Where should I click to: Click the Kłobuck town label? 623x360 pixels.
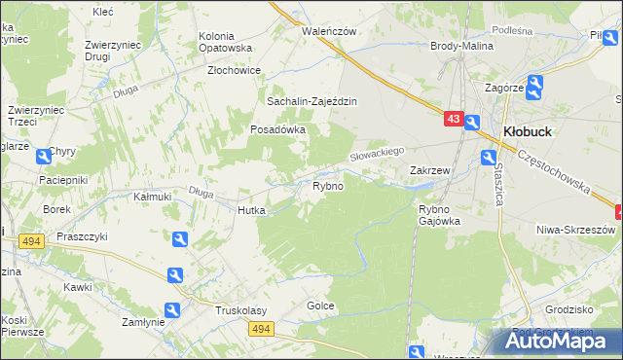coord(529,131)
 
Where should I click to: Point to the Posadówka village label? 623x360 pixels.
coord(278,128)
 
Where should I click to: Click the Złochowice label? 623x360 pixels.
coord(234,70)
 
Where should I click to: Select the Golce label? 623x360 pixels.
coord(321,306)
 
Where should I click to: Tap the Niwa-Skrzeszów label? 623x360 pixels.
coord(576,229)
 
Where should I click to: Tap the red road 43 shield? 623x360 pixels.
coord(453,119)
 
